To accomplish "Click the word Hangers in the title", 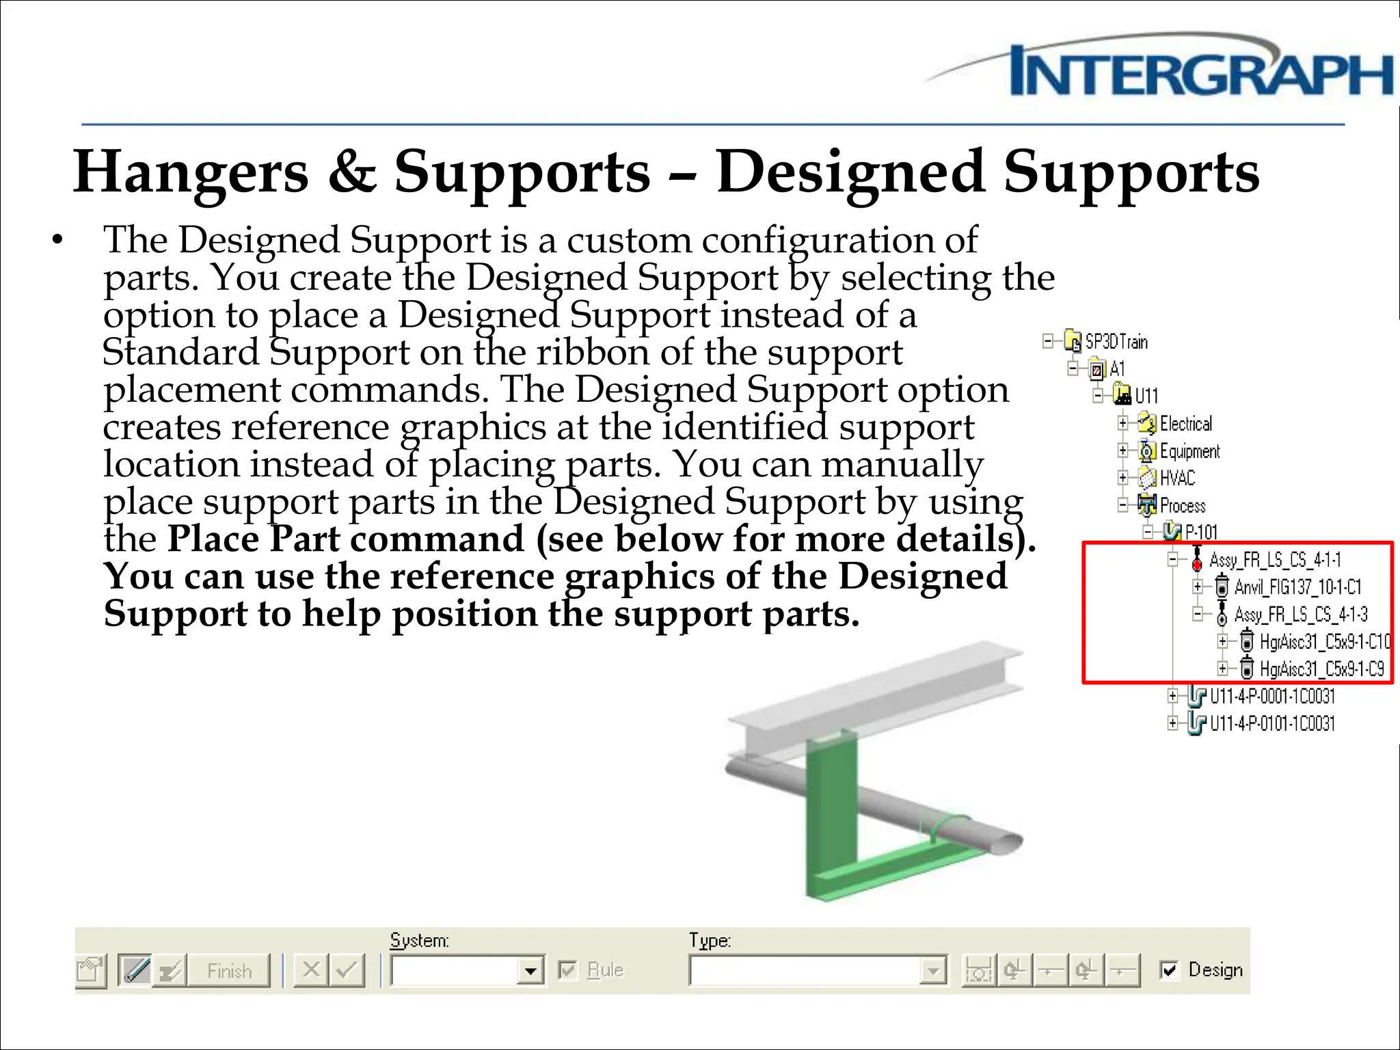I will pyautogui.click(x=191, y=172).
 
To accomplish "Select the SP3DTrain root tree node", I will pyautogui.click(x=1116, y=341).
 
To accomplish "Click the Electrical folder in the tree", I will pyautogui.click(x=1185, y=424).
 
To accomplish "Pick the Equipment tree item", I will pyautogui.click(x=1189, y=451).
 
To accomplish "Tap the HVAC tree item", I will pyautogui.click(x=1176, y=478).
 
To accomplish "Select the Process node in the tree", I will pyautogui.click(x=1182, y=506).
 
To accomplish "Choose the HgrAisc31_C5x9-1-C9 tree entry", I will pyautogui.click(x=1321, y=669).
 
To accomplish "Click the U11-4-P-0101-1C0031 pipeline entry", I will pyautogui.click(x=1271, y=723).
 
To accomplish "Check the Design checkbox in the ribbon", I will pyautogui.click(x=1169, y=969).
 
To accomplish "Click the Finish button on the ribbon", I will pyautogui.click(x=229, y=971).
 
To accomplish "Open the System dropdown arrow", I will pyautogui.click(x=530, y=971).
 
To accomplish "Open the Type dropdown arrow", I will pyautogui.click(x=932, y=971).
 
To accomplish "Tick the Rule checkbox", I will pyautogui.click(x=567, y=970).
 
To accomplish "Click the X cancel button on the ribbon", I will pyautogui.click(x=311, y=970).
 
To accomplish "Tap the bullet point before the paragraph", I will pyautogui.click(x=57, y=241).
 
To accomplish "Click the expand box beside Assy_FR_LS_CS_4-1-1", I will pyautogui.click(x=1172, y=560).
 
